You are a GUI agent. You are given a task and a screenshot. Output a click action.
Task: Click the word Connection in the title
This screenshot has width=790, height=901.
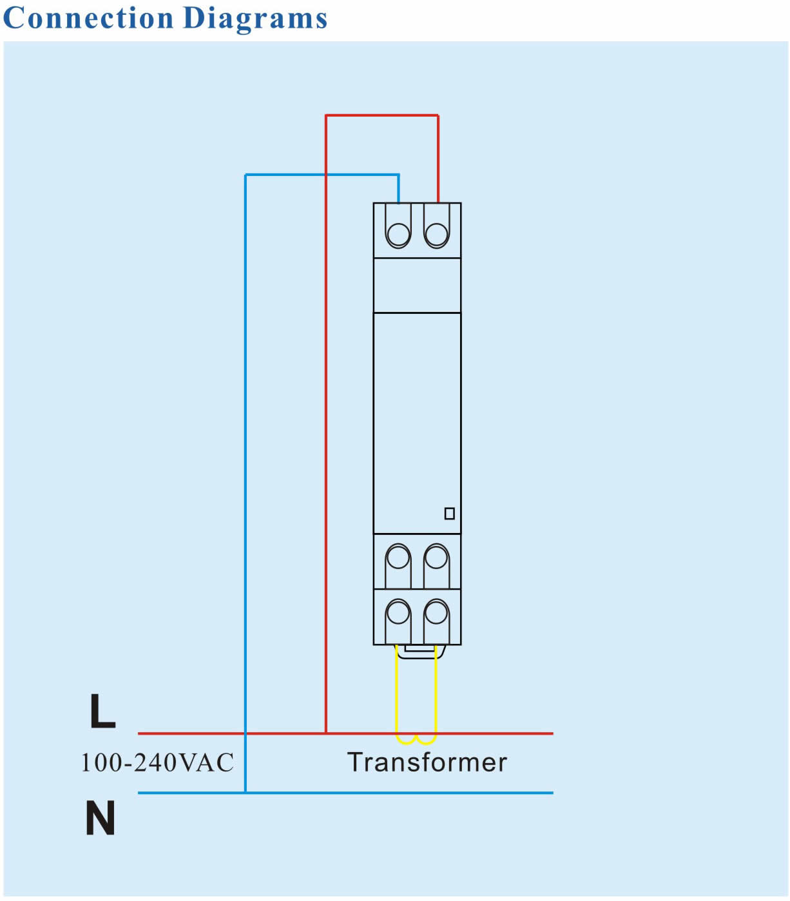[x=88, y=18]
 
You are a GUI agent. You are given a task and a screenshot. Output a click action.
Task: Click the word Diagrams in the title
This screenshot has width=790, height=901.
[x=255, y=20]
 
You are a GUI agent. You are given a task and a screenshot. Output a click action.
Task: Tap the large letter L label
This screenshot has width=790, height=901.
[x=102, y=710]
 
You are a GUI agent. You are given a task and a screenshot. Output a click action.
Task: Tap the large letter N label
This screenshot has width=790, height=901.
[x=101, y=817]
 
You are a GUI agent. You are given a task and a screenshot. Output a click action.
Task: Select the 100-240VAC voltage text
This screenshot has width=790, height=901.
[x=157, y=762]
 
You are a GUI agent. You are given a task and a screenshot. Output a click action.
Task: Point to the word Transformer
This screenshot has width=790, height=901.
[x=427, y=762]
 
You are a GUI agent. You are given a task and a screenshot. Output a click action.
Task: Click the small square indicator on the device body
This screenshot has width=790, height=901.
[x=450, y=514]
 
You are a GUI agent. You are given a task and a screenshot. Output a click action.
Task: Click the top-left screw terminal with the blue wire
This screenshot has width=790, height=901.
[x=398, y=234]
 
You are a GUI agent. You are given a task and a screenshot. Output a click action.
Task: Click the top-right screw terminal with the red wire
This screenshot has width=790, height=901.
[x=436, y=234]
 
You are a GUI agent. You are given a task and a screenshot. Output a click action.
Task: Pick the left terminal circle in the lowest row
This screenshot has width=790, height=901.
[x=398, y=612]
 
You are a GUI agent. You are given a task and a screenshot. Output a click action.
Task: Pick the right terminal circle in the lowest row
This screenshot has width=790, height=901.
[x=436, y=612]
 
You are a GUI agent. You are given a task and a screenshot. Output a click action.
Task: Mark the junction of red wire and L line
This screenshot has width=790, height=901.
[x=326, y=733]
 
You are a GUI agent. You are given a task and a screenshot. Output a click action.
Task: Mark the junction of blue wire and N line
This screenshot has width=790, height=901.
[x=246, y=793]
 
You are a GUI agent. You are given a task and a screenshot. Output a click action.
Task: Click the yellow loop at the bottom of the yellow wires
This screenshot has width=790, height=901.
[x=416, y=740]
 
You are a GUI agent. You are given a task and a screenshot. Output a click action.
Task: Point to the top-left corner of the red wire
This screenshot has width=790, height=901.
[x=326, y=115]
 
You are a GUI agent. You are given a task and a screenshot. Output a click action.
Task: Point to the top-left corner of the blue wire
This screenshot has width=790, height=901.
[x=246, y=175]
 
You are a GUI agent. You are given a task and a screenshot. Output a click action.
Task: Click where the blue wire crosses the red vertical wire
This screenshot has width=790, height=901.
[x=326, y=175]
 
